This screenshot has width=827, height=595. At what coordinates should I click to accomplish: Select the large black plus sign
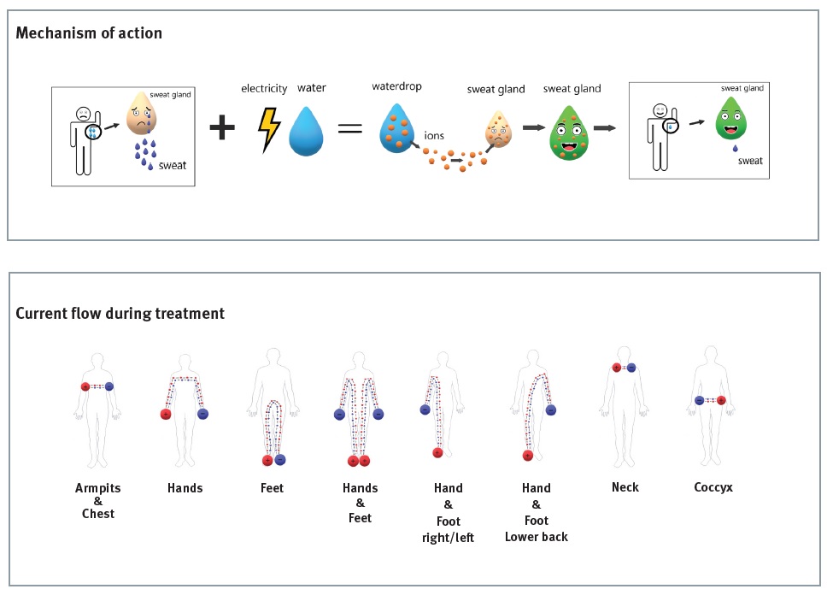tap(222, 128)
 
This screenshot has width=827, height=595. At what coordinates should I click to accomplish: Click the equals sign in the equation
tap(349, 129)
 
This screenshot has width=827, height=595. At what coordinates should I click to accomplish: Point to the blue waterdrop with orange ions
tap(396, 128)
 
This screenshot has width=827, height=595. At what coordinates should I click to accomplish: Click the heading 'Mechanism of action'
tap(89, 33)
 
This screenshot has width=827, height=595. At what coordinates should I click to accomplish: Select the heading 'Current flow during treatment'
tap(120, 314)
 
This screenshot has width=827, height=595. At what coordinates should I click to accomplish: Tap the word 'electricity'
tap(264, 88)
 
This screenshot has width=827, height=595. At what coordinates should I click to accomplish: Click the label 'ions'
tap(434, 136)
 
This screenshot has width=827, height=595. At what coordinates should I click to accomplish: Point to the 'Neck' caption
tap(625, 487)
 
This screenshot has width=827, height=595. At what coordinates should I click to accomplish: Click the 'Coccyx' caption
tap(713, 487)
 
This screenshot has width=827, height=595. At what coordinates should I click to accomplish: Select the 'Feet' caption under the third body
tap(272, 488)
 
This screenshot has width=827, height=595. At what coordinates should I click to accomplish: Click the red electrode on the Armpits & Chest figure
tap(85, 386)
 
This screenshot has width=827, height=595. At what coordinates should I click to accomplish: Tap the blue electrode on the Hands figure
tap(203, 414)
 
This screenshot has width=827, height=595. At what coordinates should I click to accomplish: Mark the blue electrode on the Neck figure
tap(631, 368)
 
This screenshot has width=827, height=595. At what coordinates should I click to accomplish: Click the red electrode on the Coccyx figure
tap(722, 400)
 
